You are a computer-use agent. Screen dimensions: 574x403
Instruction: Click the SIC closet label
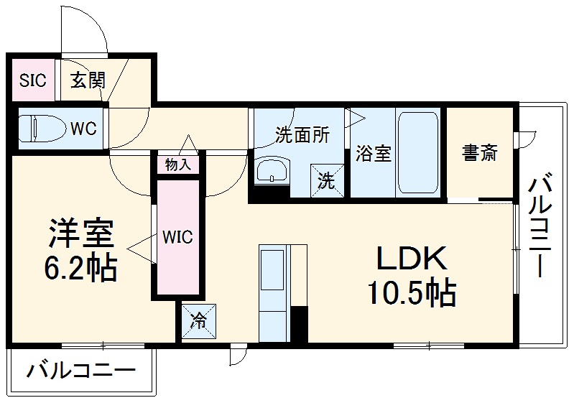pos(33,80)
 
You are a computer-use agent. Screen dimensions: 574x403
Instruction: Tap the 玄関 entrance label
pos(87,80)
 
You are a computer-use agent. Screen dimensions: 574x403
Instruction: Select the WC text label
pos(83,129)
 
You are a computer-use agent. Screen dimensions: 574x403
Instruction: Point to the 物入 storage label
pos(177,165)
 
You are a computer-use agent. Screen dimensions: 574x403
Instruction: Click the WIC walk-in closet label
pos(177,237)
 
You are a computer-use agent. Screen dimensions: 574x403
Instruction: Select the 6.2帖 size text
pos(80,269)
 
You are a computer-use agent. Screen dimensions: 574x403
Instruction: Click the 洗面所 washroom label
pos(302,135)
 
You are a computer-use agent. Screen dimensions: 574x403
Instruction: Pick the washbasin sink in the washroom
pos(272,172)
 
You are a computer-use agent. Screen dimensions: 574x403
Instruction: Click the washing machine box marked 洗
pos(327,180)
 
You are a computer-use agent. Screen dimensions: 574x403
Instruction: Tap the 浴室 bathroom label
pos(374,154)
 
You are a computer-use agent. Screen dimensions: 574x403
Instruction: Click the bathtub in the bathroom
pos(418,152)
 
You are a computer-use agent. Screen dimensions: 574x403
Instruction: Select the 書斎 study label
pos(479,152)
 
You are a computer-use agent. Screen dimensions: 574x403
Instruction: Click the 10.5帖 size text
pos(412,292)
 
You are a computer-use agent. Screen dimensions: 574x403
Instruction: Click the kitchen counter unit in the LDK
pos(274,293)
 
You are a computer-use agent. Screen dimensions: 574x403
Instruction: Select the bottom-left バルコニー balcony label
pos(80,371)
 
